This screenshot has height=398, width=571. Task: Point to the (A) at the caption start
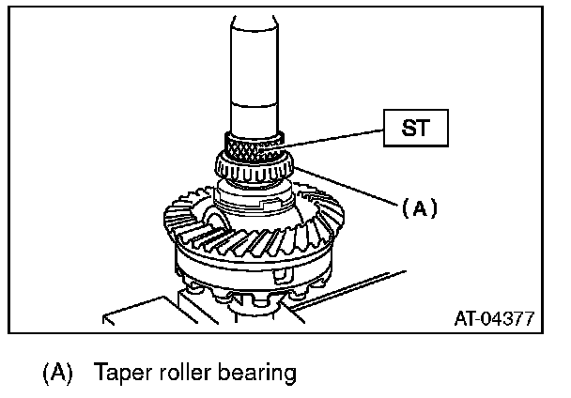click(57, 373)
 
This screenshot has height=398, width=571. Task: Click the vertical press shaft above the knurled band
click(253, 75)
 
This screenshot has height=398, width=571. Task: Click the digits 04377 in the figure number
click(508, 318)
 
